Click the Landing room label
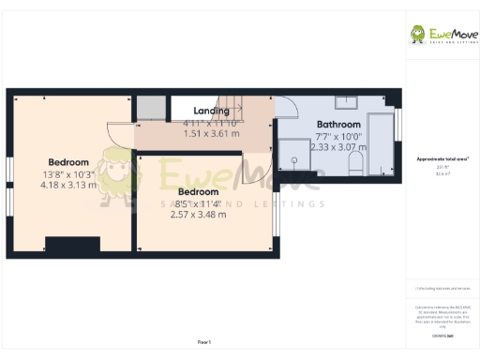coord(211,111)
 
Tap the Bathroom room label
coord(338,124)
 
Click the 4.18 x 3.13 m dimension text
coord(68,185)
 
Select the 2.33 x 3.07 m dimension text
coord(339,147)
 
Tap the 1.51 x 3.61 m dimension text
coord(211,134)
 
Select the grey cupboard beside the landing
coord(150,107)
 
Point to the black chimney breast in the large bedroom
coord(72,245)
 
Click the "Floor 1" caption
coord(204,341)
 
